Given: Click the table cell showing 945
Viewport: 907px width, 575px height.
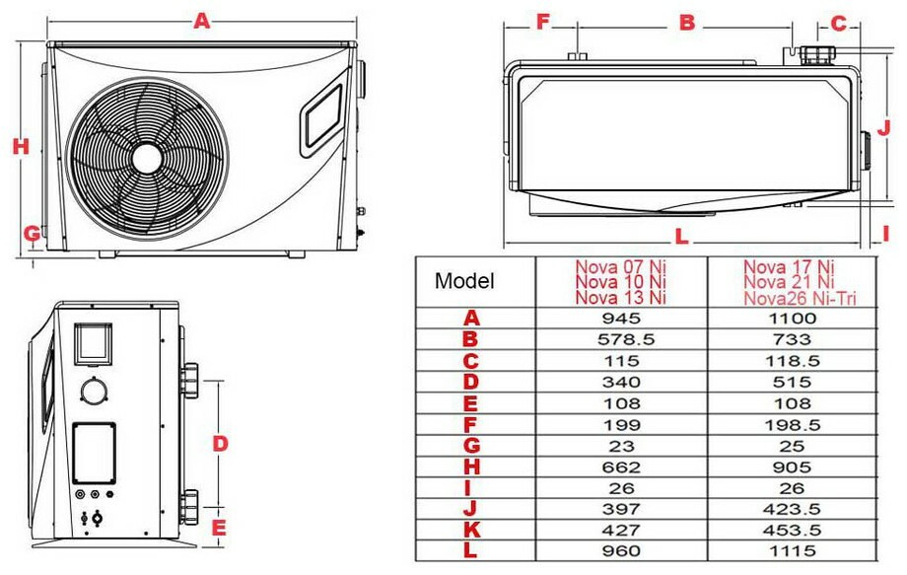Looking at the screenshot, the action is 621,319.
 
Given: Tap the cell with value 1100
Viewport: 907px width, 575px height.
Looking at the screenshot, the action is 792,319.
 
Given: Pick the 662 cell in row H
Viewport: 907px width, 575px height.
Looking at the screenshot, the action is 621,467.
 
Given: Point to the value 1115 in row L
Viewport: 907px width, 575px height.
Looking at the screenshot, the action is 792,550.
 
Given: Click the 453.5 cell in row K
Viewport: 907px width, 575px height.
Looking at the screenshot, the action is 792,530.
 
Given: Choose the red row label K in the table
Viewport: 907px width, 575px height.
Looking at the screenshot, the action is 472,530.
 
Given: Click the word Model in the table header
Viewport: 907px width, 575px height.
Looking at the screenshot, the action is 464,281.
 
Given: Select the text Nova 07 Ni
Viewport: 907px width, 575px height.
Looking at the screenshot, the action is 621,267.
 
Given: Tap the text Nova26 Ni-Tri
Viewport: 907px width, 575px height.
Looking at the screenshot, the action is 800,298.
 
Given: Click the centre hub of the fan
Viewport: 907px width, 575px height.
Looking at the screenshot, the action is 147,158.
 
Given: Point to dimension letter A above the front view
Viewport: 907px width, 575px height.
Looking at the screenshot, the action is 201,21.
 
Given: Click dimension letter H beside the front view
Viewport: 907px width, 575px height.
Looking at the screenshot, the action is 21,146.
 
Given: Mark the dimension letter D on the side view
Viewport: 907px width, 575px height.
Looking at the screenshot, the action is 220,444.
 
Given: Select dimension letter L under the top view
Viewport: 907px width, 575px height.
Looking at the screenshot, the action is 682,236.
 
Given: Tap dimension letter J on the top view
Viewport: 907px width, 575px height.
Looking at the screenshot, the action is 883,128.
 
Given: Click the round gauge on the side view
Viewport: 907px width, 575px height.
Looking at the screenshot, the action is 93,391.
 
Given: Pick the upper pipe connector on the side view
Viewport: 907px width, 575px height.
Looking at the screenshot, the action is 188,379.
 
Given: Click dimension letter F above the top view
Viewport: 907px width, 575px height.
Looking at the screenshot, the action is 542,22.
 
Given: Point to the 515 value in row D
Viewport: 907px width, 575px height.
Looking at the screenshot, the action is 792,382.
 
